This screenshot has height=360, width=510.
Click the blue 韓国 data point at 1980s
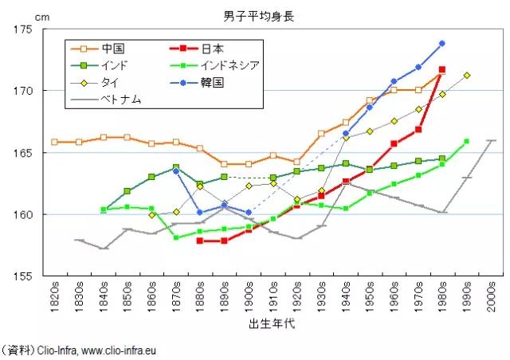click(442, 43)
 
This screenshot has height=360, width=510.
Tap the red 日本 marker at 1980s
click(442, 69)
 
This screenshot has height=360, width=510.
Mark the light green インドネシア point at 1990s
click(467, 141)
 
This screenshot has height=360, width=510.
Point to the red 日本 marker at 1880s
click(200, 241)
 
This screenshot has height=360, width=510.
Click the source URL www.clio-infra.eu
click(131, 349)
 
